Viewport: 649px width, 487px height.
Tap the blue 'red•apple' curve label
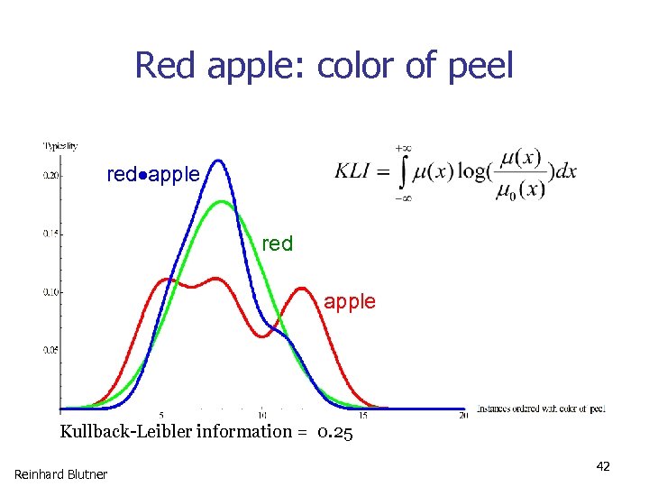coord(153,175)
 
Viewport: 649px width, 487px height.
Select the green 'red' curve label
coord(277,243)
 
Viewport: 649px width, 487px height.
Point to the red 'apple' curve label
coord(350,302)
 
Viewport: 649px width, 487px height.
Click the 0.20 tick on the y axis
coord(51,176)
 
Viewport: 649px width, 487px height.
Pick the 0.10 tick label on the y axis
coord(51,292)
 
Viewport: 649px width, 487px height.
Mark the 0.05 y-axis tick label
coord(51,349)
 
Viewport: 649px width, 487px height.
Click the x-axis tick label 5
coord(160,415)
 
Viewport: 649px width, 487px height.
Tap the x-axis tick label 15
coord(362,415)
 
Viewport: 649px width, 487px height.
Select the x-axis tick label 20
coord(463,415)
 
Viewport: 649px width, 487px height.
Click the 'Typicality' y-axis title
coord(60,145)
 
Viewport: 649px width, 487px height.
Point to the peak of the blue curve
coord(218,161)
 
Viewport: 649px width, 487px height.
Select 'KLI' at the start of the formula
coord(355,171)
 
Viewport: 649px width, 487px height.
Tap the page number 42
coord(603,466)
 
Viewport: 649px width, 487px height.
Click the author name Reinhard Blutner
coord(60,473)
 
